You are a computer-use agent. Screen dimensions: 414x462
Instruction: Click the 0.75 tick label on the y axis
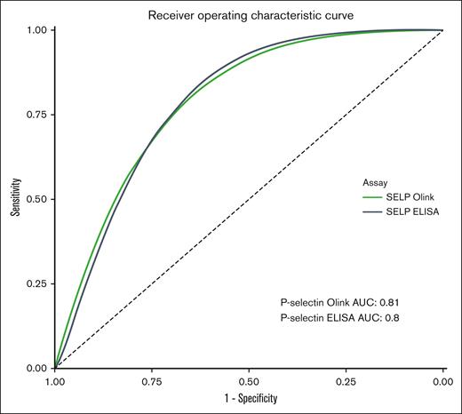[x=35, y=115]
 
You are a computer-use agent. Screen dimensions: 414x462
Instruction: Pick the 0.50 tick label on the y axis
[x=35, y=199]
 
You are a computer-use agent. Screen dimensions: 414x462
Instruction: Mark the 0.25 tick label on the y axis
[x=35, y=283]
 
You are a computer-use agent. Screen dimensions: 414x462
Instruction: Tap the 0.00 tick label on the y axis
[x=35, y=368]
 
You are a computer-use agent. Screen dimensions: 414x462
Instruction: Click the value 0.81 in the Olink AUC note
[x=403, y=303]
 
